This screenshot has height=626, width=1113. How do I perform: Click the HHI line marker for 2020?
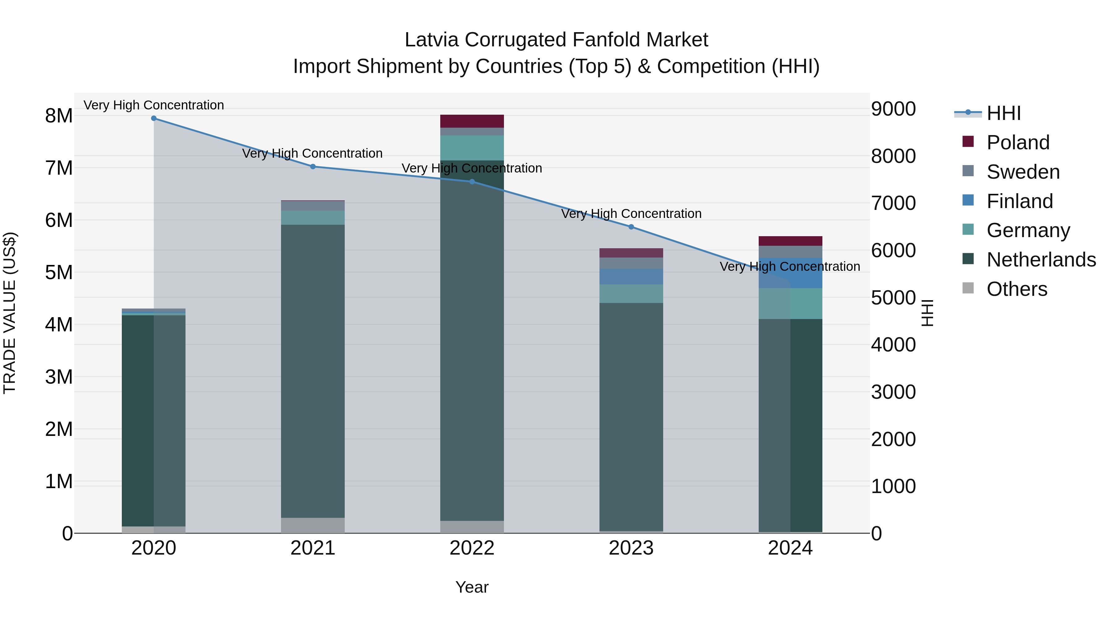[x=154, y=118]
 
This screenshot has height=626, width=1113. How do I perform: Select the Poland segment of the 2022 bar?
[x=472, y=121]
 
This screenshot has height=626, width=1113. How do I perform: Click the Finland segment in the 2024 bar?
[x=790, y=273]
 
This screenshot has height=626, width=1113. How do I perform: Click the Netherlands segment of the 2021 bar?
[x=313, y=372]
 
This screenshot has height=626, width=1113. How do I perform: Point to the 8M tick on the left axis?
[x=59, y=116]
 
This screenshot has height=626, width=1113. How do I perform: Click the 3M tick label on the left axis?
[x=59, y=377]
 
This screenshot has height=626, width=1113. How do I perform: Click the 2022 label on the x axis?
[x=472, y=548]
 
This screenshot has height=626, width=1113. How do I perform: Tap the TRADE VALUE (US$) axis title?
[x=10, y=313]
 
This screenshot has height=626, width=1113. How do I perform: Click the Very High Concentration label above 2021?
[x=312, y=153]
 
